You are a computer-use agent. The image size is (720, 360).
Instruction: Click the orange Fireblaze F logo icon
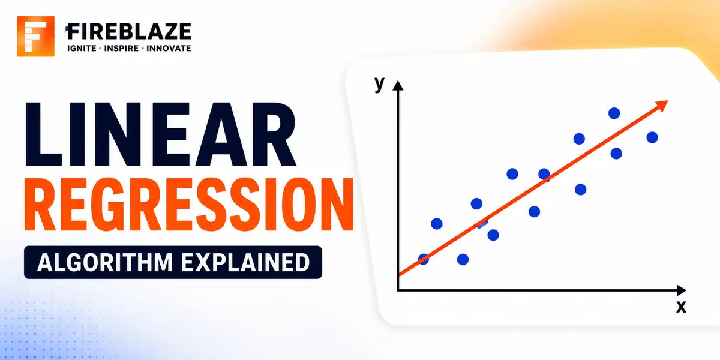[x=35, y=37]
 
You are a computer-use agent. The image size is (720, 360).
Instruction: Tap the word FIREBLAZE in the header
[x=129, y=31]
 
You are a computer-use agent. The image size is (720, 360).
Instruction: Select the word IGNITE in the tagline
[x=82, y=48]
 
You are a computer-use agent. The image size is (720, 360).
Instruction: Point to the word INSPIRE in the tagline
[x=121, y=48]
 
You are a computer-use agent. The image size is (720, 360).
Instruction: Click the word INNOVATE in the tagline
[x=169, y=48]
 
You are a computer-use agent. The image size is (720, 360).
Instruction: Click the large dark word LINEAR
[x=160, y=134]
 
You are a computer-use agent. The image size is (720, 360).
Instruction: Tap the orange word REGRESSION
[x=189, y=205]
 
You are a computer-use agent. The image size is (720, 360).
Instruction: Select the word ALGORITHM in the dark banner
[x=105, y=262]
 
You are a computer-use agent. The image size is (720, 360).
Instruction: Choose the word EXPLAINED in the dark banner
[x=245, y=262]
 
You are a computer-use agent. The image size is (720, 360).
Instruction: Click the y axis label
[x=379, y=84]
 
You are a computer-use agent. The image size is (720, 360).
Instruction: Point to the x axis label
[x=681, y=307]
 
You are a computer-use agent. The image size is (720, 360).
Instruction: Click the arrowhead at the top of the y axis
[x=398, y=85]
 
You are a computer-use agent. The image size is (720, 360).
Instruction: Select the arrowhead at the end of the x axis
[x=682, y=290]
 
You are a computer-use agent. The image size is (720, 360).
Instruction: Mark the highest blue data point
[x=614, y=113]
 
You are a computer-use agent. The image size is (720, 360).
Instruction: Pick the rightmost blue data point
[x=652, y=137]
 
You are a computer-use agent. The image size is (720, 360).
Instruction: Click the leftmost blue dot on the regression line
[x=424, y=259]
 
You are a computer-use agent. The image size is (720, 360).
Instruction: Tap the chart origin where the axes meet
[x=398, y=290]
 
